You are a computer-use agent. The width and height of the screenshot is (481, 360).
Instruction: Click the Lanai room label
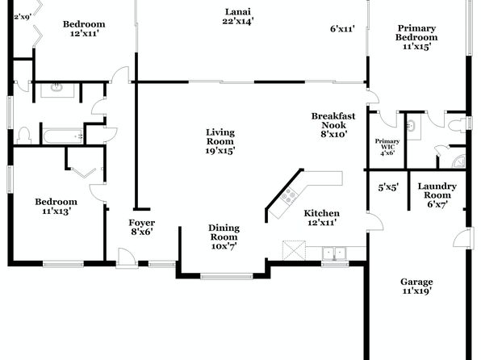click(238, 17)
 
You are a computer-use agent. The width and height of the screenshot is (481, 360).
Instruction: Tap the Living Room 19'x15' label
click(220, 141)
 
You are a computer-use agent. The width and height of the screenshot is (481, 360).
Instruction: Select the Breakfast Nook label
click(333, 125)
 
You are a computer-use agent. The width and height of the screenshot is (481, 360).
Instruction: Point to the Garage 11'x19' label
click(416, 286)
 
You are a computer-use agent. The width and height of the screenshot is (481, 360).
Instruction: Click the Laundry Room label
click(437, 195)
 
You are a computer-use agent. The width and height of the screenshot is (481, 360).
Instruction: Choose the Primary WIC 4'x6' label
click(387, 147)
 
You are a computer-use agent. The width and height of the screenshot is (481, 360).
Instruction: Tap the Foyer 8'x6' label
click(142, 227)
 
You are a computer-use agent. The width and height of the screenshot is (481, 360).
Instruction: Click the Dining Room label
click(224, 237)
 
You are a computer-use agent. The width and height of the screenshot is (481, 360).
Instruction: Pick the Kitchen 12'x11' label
click(321, 218)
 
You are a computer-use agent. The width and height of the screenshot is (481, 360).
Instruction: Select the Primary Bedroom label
click(416, 37)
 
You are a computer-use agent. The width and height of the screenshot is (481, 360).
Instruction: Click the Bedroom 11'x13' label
click(56, 207)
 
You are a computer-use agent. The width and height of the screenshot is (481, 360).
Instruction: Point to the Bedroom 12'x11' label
click(84, 28)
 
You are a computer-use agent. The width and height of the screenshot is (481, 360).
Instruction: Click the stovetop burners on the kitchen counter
click(289, 196)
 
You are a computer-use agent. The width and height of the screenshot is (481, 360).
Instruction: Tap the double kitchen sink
click(334, 253)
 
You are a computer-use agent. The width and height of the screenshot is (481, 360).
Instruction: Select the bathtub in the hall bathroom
click(63, 136)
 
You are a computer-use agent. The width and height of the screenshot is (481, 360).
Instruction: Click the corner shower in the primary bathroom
click(459, 161)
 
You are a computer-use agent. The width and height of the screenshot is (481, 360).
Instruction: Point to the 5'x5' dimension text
click(388, 187)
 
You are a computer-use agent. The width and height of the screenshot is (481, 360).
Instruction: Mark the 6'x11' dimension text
click(342, 29)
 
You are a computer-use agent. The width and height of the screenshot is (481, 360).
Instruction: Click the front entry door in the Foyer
click(127, 257)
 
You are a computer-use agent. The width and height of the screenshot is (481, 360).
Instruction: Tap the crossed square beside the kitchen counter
click(295, 250)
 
